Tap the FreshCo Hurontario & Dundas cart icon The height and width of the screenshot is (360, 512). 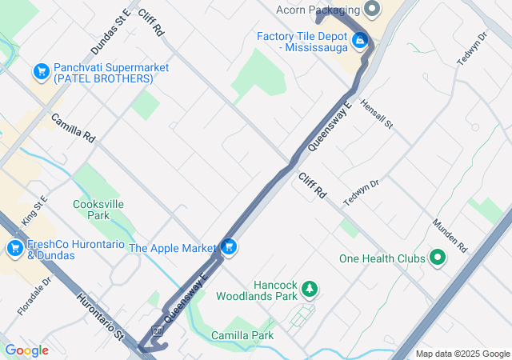point(14,249)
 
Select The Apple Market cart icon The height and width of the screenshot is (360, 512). point(230,247)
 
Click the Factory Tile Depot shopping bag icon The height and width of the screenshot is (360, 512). point(360,38)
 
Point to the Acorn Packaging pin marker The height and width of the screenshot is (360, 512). point(372,10)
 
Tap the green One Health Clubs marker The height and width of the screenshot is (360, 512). point(438,258)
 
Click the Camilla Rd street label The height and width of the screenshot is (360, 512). point(73,128)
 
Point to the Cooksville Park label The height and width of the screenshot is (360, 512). point(98,210)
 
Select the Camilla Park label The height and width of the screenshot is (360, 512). point(242,335)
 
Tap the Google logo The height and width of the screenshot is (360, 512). point(26,350)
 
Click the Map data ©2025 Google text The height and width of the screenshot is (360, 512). point(462,354)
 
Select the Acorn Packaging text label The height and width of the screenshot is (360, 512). point(318,10)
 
